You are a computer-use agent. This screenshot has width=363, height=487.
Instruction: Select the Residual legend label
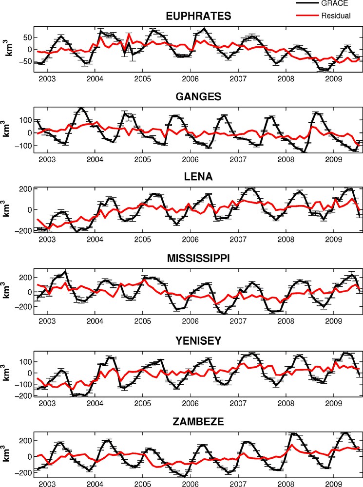pos(336,16)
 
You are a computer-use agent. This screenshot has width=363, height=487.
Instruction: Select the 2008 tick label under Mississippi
pos(286,321)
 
